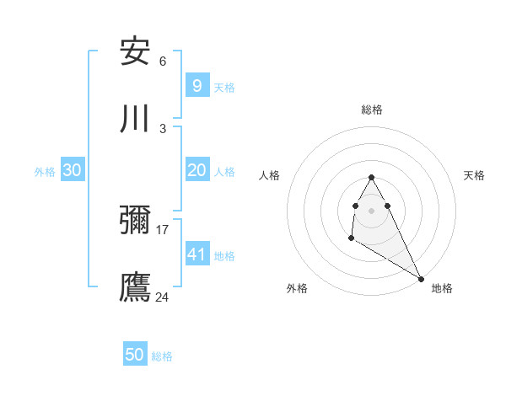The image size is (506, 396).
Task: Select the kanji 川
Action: [x=135, y=118]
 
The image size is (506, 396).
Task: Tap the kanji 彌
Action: [x=135, y=221]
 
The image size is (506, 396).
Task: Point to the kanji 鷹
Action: [x=135, y=286]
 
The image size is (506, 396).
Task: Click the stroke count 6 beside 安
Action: [x=163, y=62]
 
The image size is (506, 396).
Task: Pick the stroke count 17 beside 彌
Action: [x=163, y=229]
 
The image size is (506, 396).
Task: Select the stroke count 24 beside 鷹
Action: [x=163, y=297]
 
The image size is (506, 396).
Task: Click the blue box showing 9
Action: [x=196, y=85]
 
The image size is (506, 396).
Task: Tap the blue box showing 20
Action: [x=196, y=170]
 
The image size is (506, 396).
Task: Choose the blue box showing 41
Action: [x=196, y=254]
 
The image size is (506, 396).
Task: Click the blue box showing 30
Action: [x=73, y=170]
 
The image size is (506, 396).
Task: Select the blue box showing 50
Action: [x=135, y=355]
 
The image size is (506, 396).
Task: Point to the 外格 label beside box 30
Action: [x=45, y=172]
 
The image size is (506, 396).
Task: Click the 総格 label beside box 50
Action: [x=162, y=356]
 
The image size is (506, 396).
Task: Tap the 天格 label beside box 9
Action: [x=224, y=87]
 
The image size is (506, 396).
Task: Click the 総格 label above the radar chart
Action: [x=371, y=110]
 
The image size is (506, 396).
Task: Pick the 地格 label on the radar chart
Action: [x=442, y=288]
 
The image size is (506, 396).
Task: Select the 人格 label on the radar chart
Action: [x=269, y=175]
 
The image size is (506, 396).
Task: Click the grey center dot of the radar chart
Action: [x=371, y=210]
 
